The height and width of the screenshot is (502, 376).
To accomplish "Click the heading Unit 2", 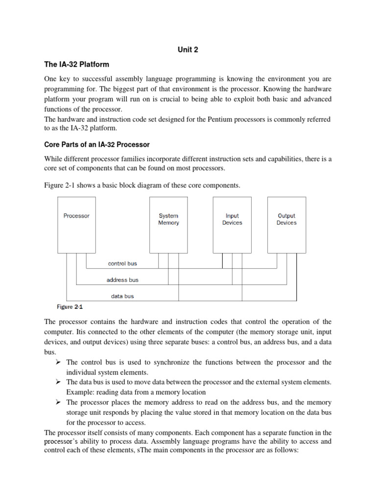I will click(x=188, y=50).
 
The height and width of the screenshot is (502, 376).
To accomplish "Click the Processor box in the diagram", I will click(x=76, y=224).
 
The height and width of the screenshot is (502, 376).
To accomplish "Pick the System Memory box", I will click(x=168, y=224).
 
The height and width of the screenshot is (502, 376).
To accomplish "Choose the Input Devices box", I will click(x=232, y=224).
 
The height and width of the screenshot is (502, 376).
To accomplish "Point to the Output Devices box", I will click(x=286, y=224).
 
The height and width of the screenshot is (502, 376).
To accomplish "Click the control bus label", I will click(x=122, y=264).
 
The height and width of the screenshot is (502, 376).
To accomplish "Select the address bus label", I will click(x=122, y=280).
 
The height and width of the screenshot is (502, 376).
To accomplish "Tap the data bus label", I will click(x=122, y=296).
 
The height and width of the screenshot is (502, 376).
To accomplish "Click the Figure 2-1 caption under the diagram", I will click(x=70, y=307).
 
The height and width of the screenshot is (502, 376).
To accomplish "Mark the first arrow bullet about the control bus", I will click(x=58, y=362).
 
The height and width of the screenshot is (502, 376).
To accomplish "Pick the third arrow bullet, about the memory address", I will click(x=58, y=402).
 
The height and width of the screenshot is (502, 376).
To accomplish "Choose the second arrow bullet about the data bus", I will click(x=58, y=382).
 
